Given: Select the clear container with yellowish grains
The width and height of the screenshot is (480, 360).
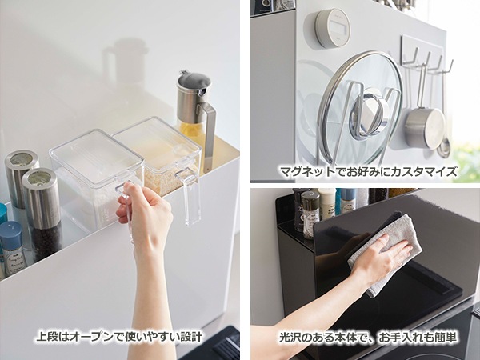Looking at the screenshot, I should (x=158, y=156).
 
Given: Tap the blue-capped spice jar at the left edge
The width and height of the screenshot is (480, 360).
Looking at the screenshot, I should (x=12, y=244).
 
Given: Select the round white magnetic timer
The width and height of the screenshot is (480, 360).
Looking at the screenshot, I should (x=331, y=29).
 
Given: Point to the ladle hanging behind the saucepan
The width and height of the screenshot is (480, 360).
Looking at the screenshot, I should (x=443, y=140).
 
